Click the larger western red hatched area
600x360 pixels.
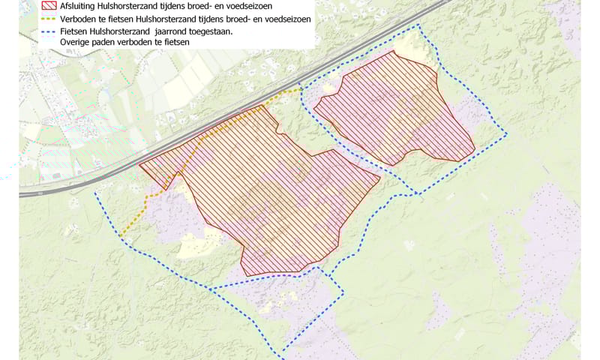270,195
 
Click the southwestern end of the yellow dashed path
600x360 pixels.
120,236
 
